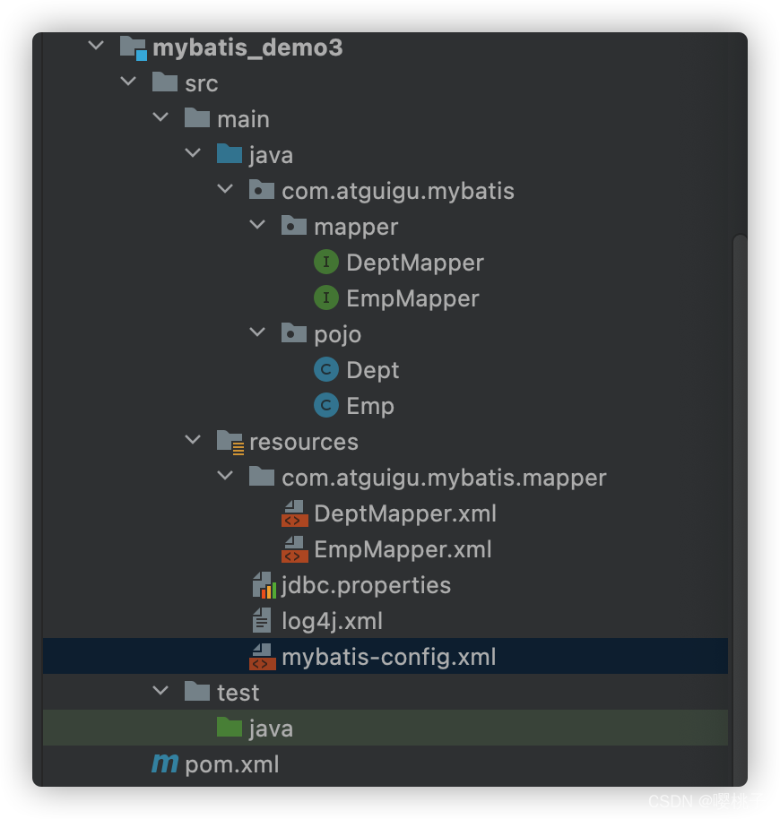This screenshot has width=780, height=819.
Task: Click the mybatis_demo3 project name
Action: (247, 47)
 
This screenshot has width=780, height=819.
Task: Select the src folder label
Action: (201, 83)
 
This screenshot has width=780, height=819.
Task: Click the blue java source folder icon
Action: (230, 154)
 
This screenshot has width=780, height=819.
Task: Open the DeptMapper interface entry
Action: (415, 263)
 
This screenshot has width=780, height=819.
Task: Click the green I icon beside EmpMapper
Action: (326, 297)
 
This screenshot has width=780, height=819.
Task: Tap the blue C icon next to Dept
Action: (326, 370)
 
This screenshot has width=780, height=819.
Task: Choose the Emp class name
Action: (370, 407)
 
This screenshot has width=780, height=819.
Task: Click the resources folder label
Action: (304, 443)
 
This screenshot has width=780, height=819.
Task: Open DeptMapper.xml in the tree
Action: (405, 514)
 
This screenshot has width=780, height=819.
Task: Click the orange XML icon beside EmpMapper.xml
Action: (294, 549)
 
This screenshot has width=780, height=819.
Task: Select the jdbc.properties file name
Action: (366, 585)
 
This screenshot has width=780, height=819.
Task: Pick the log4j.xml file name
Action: (332, 622)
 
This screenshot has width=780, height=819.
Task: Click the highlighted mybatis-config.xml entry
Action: (389, 657)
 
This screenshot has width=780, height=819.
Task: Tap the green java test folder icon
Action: (230, 727)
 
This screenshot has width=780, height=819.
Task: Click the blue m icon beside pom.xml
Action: (165, 763)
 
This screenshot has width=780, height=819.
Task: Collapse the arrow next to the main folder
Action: (160, 117)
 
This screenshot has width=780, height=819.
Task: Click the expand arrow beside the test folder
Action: (160, 691)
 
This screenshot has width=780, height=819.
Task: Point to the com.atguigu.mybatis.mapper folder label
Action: (444, 478)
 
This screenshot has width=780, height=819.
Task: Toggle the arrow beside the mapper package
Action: (257, 225)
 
